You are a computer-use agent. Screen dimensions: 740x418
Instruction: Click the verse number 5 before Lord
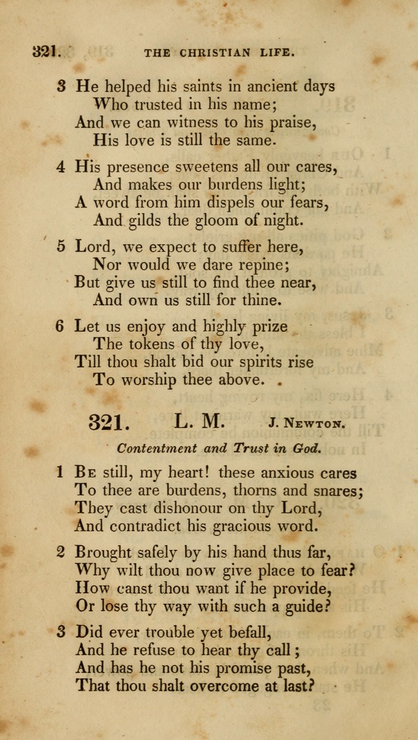tap(61, 247)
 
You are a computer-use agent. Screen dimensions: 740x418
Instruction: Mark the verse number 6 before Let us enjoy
tap(60, 326)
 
